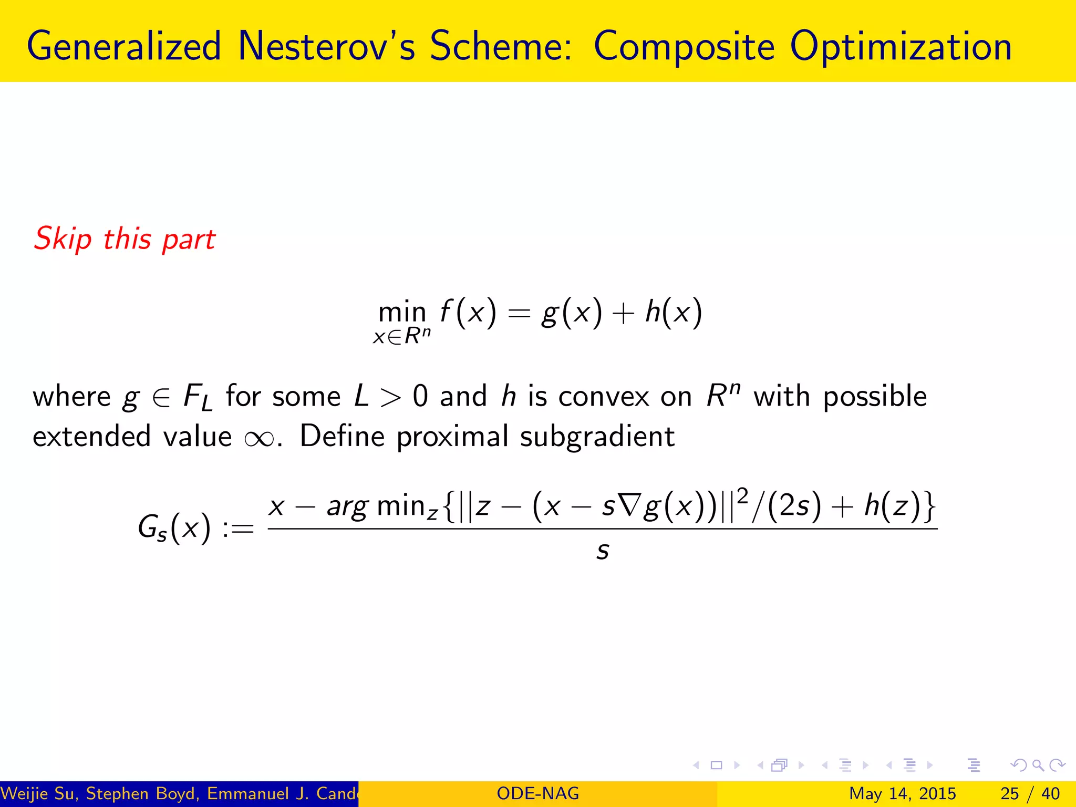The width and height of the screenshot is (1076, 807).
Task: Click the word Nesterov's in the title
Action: pyautogui.click(x=326, y=46)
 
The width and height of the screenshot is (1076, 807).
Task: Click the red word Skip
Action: pyautogui.click(x=63, y=239)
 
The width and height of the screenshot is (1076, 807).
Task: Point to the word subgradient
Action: pyautogui.click(x=597, y=437)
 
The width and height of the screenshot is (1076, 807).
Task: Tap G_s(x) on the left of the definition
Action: pyautogui.click(x=174, y=527)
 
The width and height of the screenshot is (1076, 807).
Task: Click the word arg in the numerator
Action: pyautogui.click(x=347, y=507)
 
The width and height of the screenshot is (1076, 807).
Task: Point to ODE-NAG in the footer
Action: pyautogui.click(x=537, y=793)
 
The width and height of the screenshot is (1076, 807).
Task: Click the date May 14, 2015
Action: pyautogui.click(x=902, y=793)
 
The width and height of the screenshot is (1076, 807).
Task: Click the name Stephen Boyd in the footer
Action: pyautogui.click(x=142, y=793)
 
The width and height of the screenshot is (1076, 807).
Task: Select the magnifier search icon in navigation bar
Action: pyautogui.click(x=1038, y=765)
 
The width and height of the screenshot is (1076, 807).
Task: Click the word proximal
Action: pyautogui.click(x=452, y=437)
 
